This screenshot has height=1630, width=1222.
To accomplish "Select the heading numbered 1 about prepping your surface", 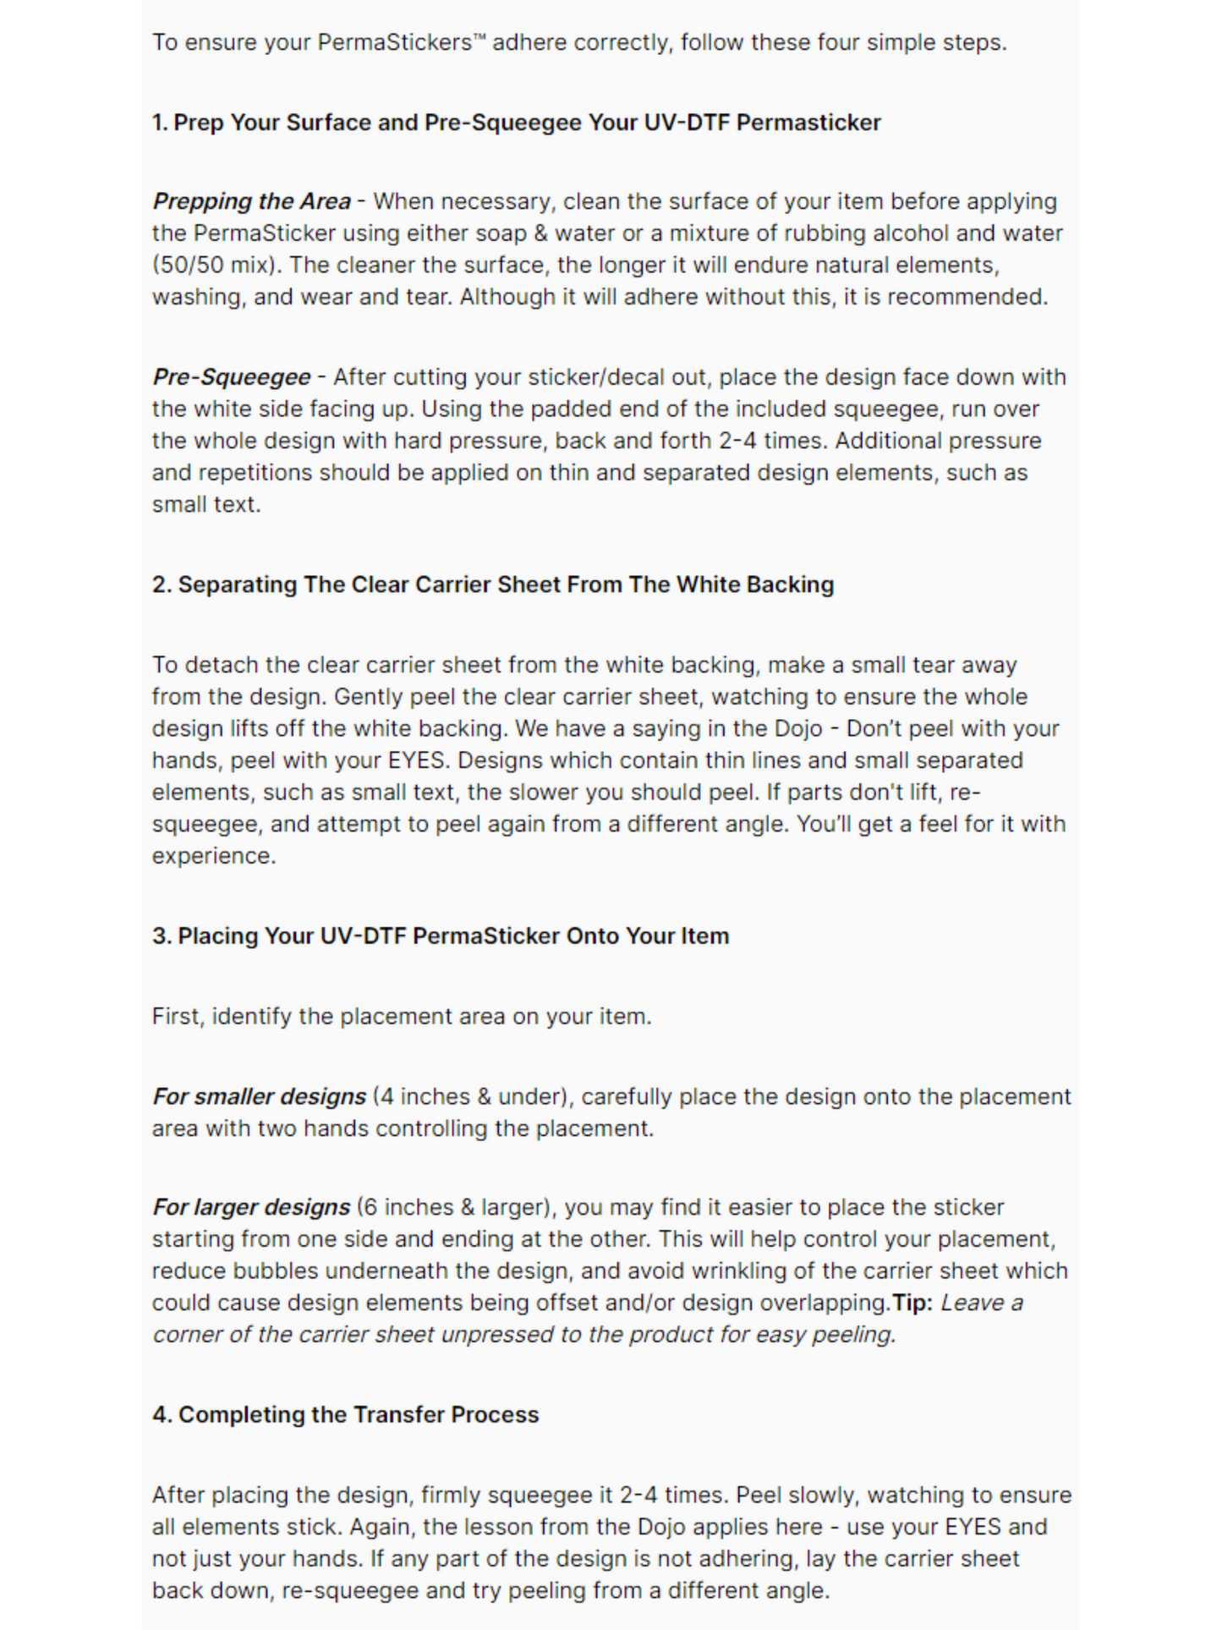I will coord(516,123).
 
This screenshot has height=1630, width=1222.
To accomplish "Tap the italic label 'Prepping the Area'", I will coord(251,201).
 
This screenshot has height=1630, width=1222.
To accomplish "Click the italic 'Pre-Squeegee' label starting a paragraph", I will coord(231,377).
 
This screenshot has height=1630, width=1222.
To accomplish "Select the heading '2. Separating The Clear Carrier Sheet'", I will coord(492,584).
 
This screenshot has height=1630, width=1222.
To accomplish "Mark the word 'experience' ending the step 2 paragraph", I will coord(212,856).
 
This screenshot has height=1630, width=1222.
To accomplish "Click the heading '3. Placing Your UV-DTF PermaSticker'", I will coord(440,936).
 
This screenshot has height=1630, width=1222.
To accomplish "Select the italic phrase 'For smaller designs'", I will coord(259,1097).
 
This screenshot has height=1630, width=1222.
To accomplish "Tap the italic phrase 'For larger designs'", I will coord(251,1207).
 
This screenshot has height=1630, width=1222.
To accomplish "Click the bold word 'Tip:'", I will coord(912,1303).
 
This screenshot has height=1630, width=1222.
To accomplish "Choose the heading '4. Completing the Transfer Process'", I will coord(345,1415).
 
